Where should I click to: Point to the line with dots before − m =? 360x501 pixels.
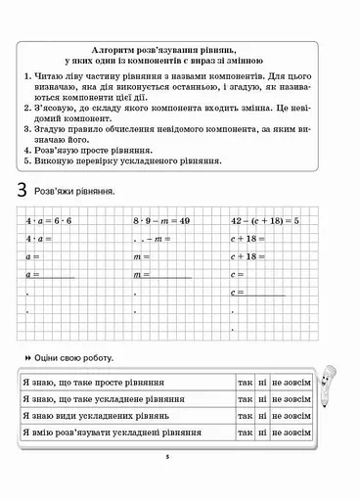pos(154,240)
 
